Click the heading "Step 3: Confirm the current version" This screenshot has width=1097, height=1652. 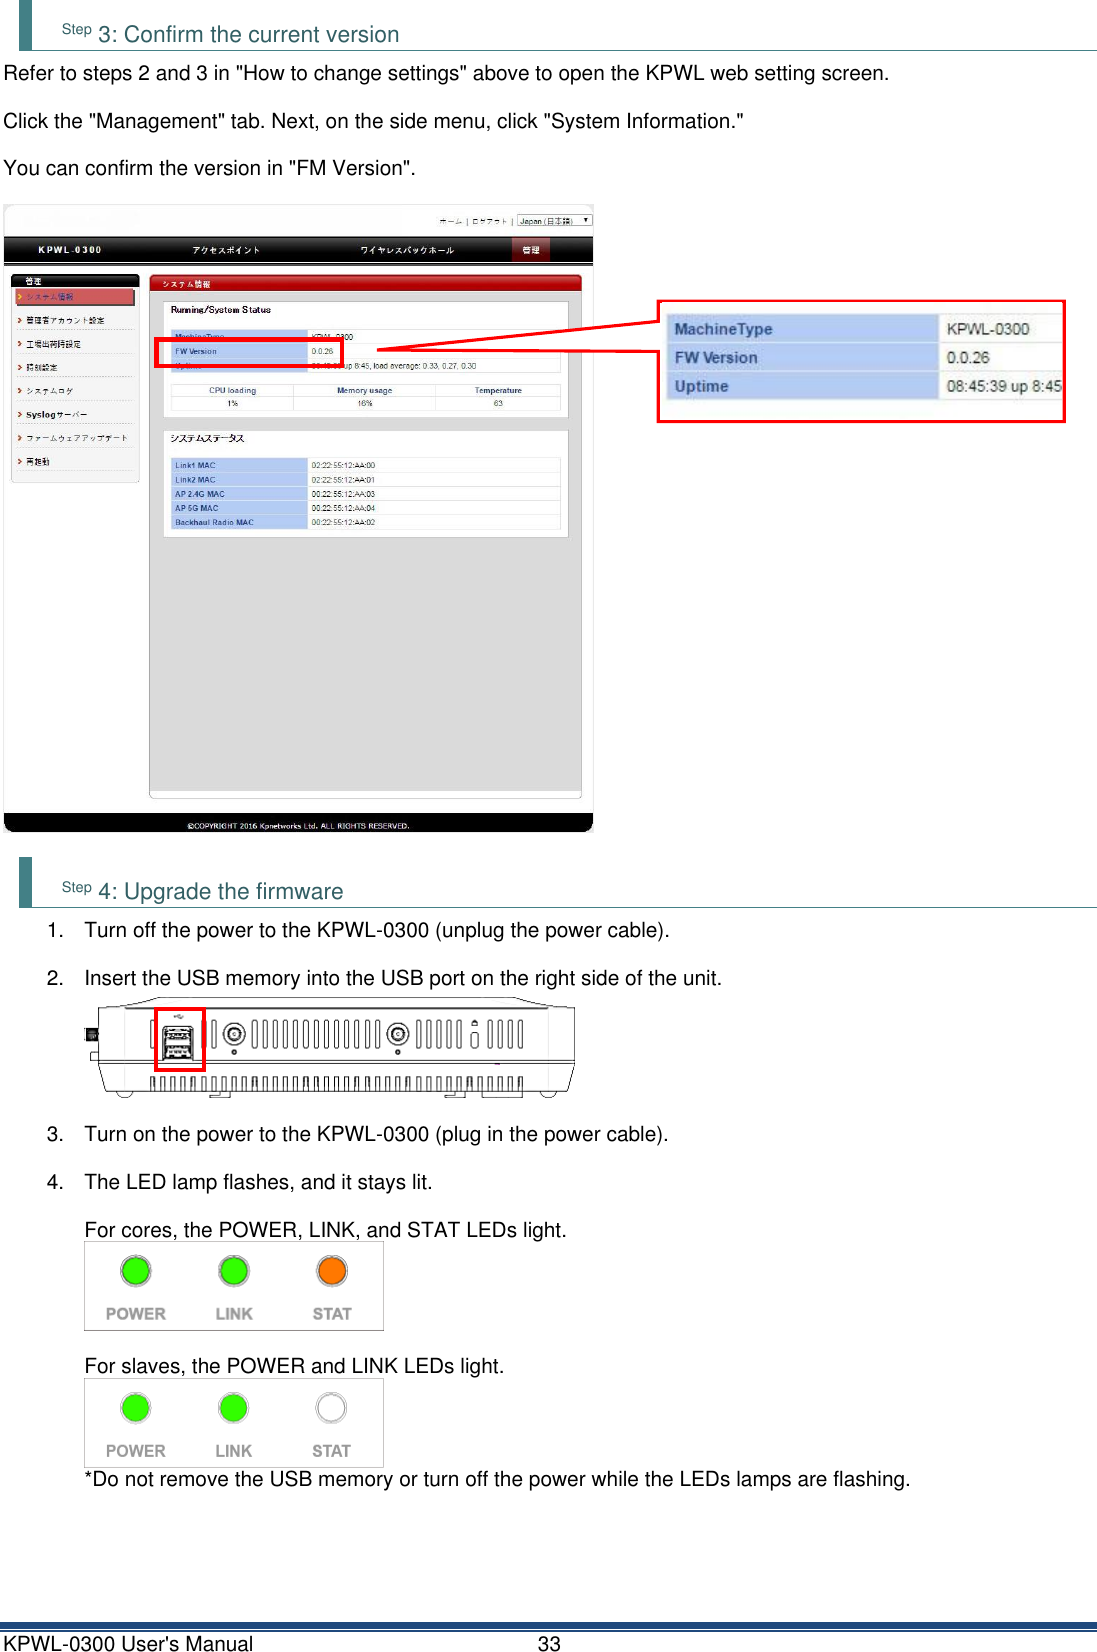point(230,34)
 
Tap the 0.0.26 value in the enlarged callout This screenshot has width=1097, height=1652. point(967,358)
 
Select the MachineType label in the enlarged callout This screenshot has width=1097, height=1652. point(723,329)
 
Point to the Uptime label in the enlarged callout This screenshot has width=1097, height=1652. point(701,386)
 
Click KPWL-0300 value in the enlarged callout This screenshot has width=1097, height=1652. point(987,329)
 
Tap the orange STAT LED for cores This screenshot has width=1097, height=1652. point(332,1271)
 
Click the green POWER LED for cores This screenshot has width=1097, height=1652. point(136,1271)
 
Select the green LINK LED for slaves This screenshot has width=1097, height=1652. point(234,1408)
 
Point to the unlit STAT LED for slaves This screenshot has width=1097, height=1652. point(331,1408)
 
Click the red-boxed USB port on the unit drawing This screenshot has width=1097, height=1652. point(179,1041)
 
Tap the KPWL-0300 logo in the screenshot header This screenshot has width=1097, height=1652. point(70,250)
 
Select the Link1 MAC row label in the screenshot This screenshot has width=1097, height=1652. point(195,465)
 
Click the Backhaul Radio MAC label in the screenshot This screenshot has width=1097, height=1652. point(214,522)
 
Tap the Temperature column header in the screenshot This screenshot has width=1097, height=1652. point(498,391)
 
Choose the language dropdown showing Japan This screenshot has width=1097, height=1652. point(554,221)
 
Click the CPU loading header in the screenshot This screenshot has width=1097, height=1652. point(232,391)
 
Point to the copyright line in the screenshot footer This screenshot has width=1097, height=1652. point(298,826)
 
